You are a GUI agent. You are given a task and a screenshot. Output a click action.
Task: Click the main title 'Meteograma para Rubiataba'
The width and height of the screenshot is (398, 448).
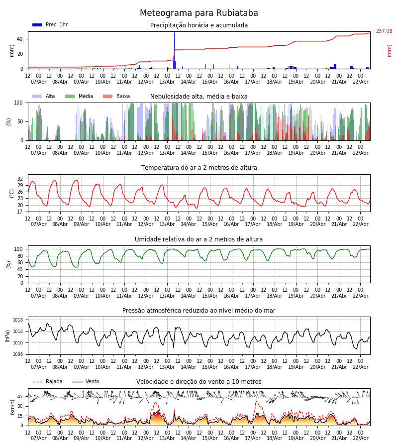(x=199, y=13)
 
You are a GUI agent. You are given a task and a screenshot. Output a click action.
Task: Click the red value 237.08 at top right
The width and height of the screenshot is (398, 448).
(x=384, y=31)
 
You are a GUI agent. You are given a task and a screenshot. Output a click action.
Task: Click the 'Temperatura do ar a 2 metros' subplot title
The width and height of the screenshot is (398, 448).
(x=199, y=168)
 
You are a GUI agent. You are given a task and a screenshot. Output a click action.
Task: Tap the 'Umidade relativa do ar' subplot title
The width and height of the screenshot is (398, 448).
(x=199, y=239)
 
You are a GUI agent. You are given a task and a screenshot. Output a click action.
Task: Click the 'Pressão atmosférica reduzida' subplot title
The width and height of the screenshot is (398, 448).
(x=199, y=311)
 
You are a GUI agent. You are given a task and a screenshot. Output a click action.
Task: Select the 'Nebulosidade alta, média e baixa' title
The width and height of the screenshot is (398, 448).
(x=199, y=97)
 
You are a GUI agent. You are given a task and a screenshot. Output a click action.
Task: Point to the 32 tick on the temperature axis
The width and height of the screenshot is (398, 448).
(x=20, y=179)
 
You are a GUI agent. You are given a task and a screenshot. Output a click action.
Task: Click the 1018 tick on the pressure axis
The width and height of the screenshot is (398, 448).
(x=18, y=320)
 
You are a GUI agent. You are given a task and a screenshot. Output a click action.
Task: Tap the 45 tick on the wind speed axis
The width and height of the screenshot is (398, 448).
(x=20, y=397)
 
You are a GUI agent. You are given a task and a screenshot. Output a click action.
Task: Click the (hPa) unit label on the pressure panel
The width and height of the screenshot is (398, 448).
(x=8, y=336)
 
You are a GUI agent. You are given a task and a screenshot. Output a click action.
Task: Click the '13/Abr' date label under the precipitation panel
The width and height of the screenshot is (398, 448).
(x=167, y=82)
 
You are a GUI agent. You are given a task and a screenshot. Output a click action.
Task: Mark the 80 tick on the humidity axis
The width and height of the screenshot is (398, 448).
(x=20, y=256)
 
